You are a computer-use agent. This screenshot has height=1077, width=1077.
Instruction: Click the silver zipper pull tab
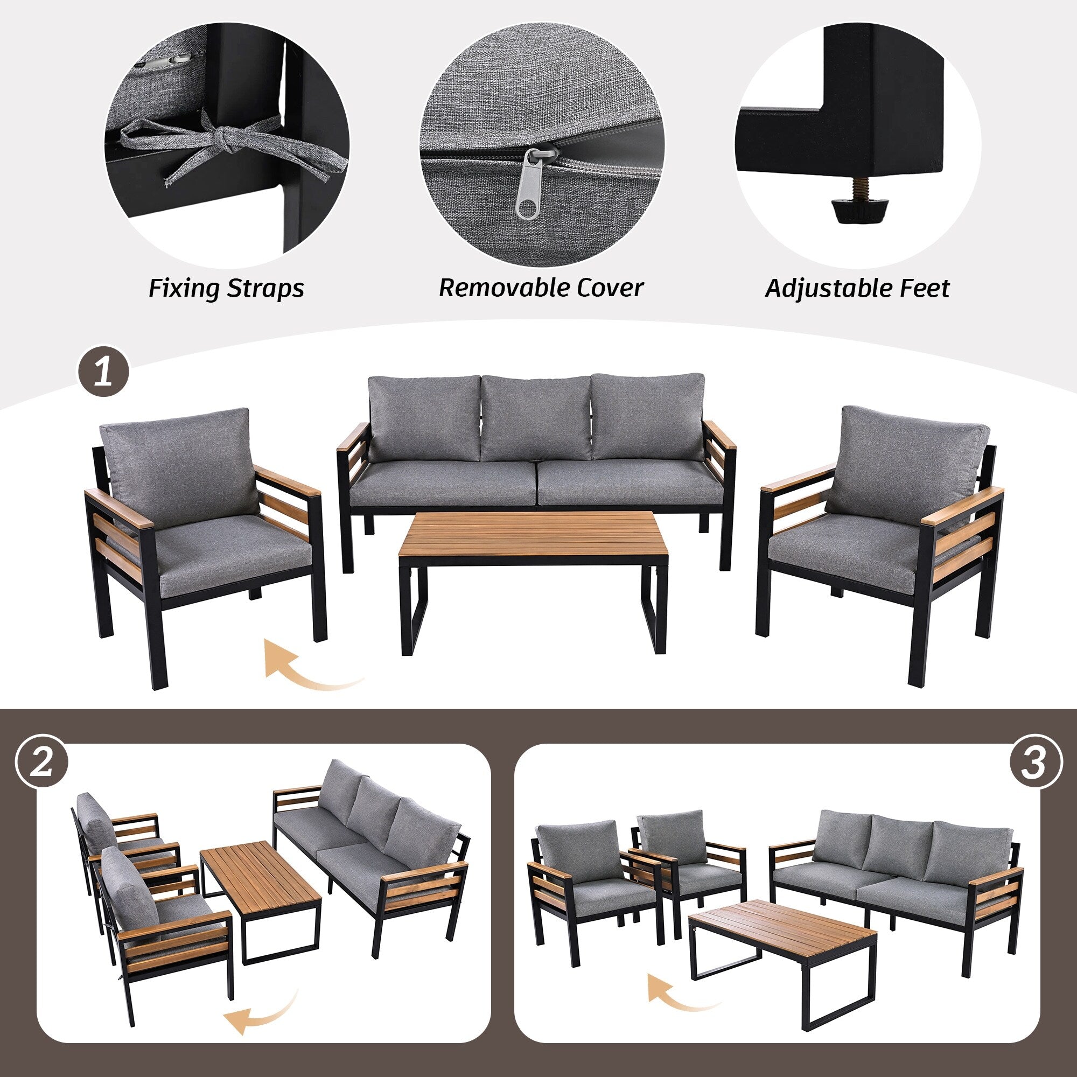[527, 185]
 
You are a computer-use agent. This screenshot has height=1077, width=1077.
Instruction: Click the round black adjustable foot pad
[853, 211]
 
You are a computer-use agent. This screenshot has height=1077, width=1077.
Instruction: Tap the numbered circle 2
[42, 761]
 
